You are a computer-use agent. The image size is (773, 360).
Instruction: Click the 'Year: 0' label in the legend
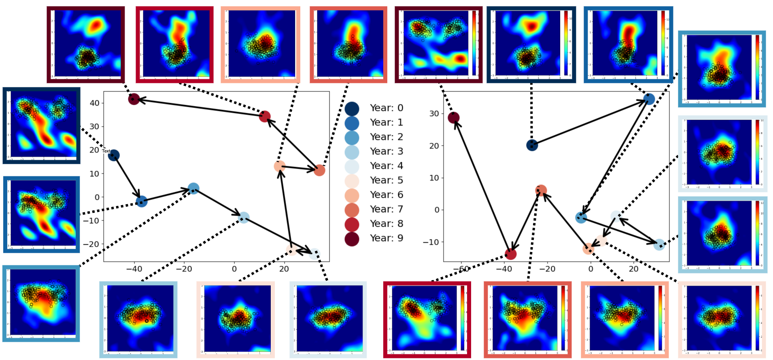pyautogui.click(x=386, y=108)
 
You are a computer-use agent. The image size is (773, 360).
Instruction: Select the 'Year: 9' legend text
pyautogui.click(x=386, y=238)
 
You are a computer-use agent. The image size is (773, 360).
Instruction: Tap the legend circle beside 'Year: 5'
pyautogui.click(x=352, y=181)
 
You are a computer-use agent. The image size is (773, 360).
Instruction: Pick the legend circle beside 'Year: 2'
pyautogui.click(x=352, y=138)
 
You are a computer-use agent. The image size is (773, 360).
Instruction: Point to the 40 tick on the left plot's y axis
pyautogui.click(x=94, y=103)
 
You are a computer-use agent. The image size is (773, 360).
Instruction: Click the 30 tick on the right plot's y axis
pyautogui.click(x=434, y=114)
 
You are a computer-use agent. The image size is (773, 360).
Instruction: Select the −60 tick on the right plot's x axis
pyautogui.click(x=461, y=269)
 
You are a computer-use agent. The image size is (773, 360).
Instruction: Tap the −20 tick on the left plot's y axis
pyautogui.click(x=91, y=244)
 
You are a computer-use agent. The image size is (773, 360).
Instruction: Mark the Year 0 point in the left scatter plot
pyautogui.click(x=114, y=155)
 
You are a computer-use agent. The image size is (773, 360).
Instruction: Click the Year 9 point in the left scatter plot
pyautogui.click(x=134, y=99)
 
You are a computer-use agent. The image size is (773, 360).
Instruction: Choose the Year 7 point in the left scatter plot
pyautogui.click(x=319, y=170)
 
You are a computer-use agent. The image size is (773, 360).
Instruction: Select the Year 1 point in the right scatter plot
pyautogui.click(x=649, y=99)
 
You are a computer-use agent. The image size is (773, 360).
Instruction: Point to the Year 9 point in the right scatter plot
pyautogui.click(x=454, y=118)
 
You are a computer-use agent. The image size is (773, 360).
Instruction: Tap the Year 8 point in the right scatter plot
pyautogui.click(x=511, y=254)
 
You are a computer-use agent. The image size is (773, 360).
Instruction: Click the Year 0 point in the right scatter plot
pyautogui.click(x=532, y=145)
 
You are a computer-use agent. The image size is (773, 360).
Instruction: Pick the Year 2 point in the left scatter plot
pyautogui.click(x=193, y=188)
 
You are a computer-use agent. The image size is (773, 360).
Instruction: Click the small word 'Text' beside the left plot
pyautogui.click(x=106, y=151)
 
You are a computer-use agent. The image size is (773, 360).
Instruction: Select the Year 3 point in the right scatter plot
pyautogui.click(x=659, y=244)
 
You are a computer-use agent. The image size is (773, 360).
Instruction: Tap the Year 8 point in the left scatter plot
pyautogui.click(x=265, y=116)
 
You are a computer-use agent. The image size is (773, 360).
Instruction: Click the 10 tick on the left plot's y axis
pyautogui.click(x=94, y=174)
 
